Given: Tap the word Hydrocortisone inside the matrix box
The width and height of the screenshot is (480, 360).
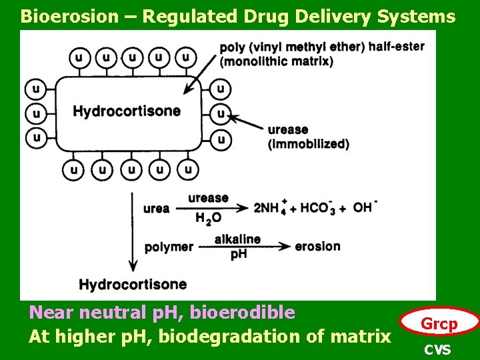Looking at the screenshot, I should click(x=127, y=111).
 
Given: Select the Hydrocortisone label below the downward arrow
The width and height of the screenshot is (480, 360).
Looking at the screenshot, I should click(x=133, y=285).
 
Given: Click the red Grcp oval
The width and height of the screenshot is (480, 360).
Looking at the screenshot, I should click(x=439, y=325).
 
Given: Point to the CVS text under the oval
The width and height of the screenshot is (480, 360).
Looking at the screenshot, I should click(x=438, y=349).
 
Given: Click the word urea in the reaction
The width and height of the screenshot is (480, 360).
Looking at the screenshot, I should click(x=156, y=208).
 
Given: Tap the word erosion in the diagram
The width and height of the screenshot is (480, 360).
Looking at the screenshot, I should click(x=317, y=246).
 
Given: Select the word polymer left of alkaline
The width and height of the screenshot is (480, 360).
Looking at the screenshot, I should click(x=169, y=247).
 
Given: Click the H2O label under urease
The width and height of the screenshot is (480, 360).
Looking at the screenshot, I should click(x=208, y=218).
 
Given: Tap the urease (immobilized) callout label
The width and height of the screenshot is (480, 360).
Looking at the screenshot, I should click(x=308, y=137).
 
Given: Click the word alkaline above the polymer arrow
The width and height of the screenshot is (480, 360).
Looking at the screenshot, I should click(x=237, y=239).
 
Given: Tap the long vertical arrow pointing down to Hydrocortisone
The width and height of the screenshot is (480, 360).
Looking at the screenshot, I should click(x=132, y=231).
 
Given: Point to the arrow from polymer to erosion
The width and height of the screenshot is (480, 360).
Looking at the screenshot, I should click(x=243, y=247).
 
